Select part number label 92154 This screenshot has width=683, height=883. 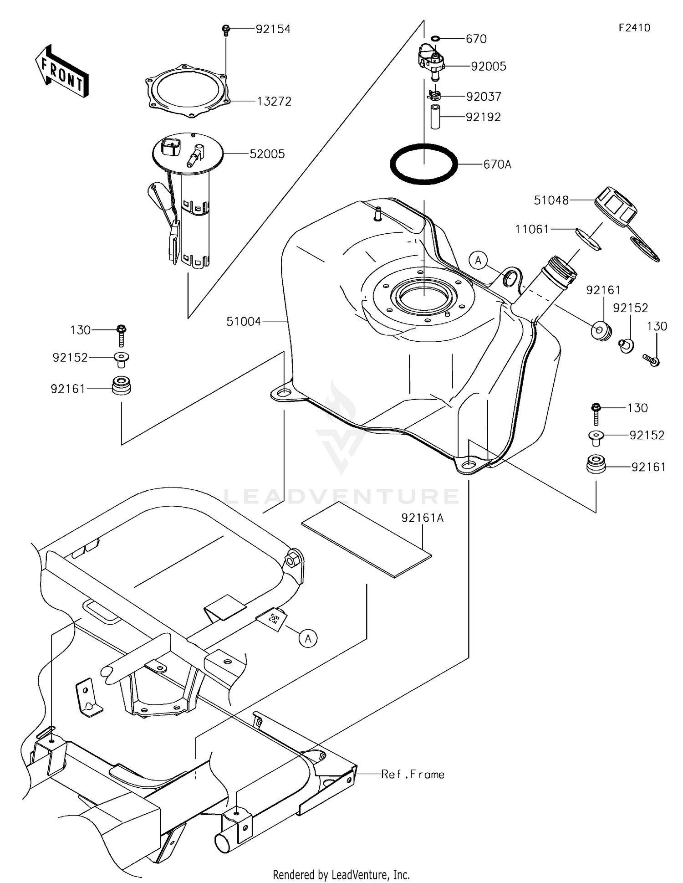pyautogui.click(x=273, y=29)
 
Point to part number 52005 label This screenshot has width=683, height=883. pyautogui.click(x=267, y=154)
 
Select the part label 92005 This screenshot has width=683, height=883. pyautogui.click(x=488, y=67)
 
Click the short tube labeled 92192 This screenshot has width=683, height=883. pyautogui.click(x=435, y=117)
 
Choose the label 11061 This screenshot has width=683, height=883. pyautogui.click(x=532, y=229)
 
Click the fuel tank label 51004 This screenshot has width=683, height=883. pyautogui.click(x=244, y=322)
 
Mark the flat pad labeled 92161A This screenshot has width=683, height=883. pyautogui.click(x=367, y=540)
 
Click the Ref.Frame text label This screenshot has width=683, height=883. pyautogui.click(x=413, y=774)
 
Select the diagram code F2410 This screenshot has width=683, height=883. pyautogui.click(x=634, y=28)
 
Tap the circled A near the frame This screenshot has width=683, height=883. pyautogui.click(x=308, y=639)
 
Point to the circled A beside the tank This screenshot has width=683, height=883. pyautogui.click(x=478, y=261)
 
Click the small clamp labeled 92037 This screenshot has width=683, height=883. pyautogui.click(x=435, y=96)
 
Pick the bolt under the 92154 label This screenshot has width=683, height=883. pyautogui.click(x=225, y=30)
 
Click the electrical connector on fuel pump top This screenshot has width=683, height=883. pyautogui.click(x=171, y=145)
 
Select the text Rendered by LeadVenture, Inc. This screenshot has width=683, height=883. pyautogui.click(x=341, y=874)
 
